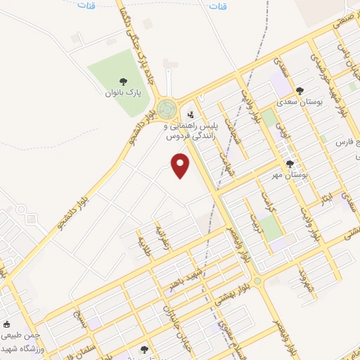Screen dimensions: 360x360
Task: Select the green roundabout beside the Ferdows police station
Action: tap(167, 109)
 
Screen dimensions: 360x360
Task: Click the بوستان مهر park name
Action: tap(292, 175)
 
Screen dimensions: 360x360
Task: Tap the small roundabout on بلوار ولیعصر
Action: tap(257, 281)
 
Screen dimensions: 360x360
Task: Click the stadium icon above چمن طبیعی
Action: tap(7, 325)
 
